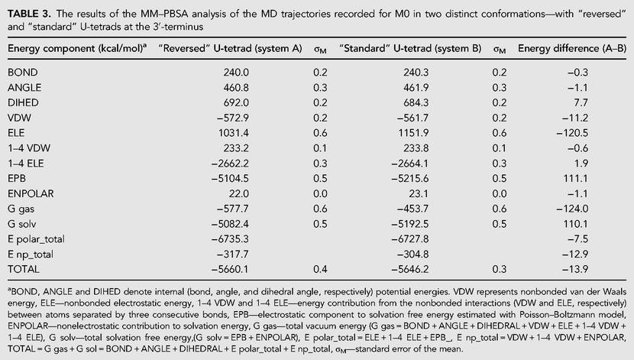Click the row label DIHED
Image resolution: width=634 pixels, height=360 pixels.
(x=23, y=102)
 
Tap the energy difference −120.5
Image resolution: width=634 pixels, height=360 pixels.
(x=572, y=133)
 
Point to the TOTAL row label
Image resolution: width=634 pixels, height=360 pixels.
(x=24, y=269)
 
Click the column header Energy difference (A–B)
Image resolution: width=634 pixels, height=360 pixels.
(x=571, y=49)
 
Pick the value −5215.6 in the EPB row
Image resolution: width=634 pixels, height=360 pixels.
(x=409, y=178)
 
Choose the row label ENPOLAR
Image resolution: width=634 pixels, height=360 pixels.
(x=31, y=193)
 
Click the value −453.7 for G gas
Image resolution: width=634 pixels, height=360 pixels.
(x=412, y=209)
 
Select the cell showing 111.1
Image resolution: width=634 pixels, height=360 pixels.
(x=576, y=178)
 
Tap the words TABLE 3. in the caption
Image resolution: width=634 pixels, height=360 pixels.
(x=29, y=15)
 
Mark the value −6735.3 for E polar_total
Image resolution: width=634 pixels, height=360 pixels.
(x=230, y=239)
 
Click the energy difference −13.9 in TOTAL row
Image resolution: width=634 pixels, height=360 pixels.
(x=575, y=269)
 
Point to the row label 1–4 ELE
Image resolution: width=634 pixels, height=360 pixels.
(x=25, y=164)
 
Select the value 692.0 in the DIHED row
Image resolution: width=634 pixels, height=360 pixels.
(x=236, y=102)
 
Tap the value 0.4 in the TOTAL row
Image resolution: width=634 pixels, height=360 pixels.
(x=320, y=269)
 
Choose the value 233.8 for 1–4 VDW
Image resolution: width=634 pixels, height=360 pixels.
(x=416, y=148)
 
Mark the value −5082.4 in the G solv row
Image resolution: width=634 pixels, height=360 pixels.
(x=230, y=224)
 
